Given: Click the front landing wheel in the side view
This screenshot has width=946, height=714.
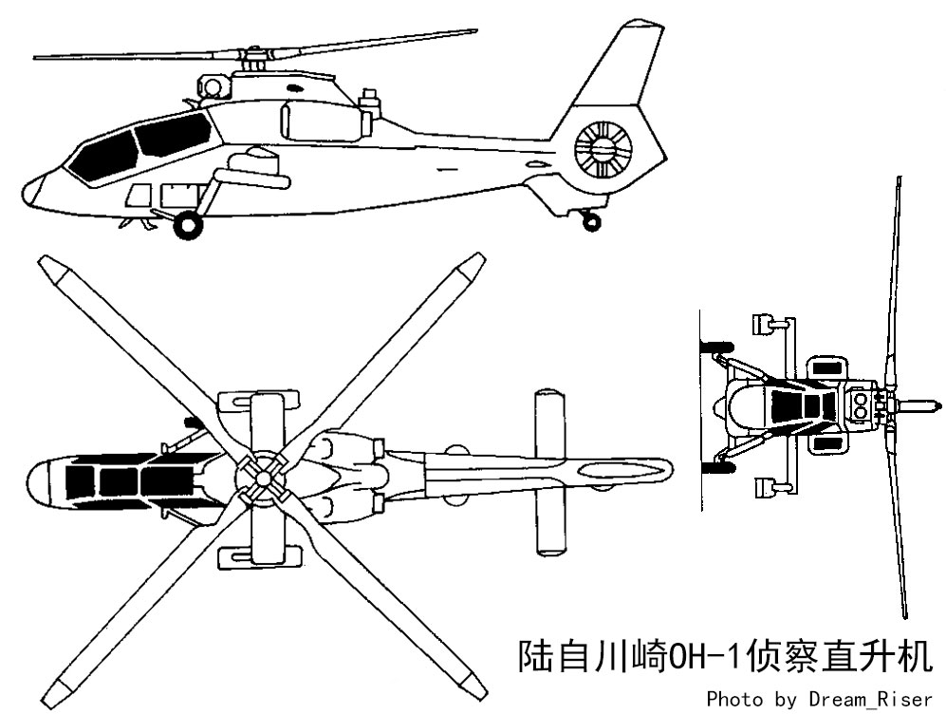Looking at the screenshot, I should (188, 225).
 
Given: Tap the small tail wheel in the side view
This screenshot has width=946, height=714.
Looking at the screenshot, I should (592, 222).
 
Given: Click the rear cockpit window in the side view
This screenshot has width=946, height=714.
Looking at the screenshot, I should (172, 135).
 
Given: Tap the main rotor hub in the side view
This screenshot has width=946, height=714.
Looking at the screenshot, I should (254, 59).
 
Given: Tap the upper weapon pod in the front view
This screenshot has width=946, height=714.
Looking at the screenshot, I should (763, 324).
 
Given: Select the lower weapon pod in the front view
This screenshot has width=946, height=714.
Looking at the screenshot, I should (763, 487).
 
